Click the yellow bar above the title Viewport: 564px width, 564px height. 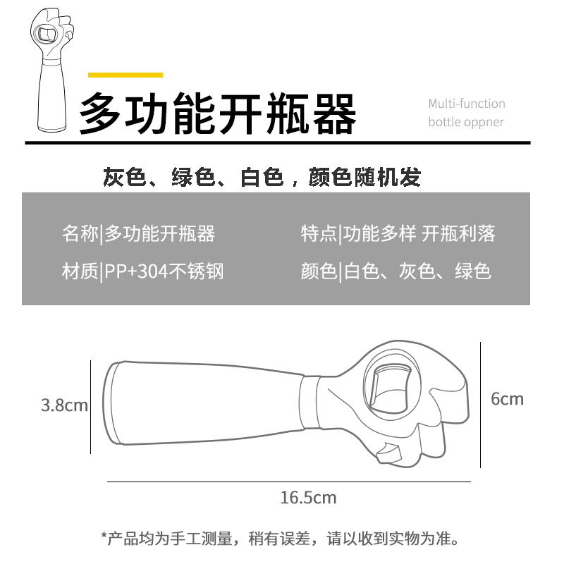pyautogui.click(x=125, y=75)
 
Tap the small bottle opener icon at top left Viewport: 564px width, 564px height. pyautogui.click(x=52, y=69)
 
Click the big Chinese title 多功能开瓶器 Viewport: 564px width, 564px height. pyautogui.click(x=218, y=114)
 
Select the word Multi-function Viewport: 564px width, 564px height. pyautogui.click(x=467, y=104)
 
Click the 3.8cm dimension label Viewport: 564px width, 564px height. pyautogui.click(x=64, y=405)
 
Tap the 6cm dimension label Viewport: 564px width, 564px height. pyautogui.click(x=507, y=399)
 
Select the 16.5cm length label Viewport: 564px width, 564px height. pyautogui.click(x=308, y=498)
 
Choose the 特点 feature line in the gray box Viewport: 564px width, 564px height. pyautogui.click(x=398, y=234)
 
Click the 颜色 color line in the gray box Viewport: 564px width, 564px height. pyautogui.click(x=396, y=271)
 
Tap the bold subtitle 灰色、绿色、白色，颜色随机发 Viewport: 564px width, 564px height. pyautogui.click(x=262, y=177)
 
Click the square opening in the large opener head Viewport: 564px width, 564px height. pyautogui.click(x=391, y=388)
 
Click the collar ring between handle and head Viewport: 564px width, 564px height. pyautogui.click(x=309, y=403)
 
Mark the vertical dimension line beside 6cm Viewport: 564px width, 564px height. pyautogui.click(x=481, y=405)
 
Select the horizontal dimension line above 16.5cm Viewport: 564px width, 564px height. pyautogui.click(x=289, y=482)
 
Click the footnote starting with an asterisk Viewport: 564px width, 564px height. pyautogui.click(x=280, y=539)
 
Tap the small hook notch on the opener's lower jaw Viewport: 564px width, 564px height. pyautogui.click(x=388, y=453)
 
